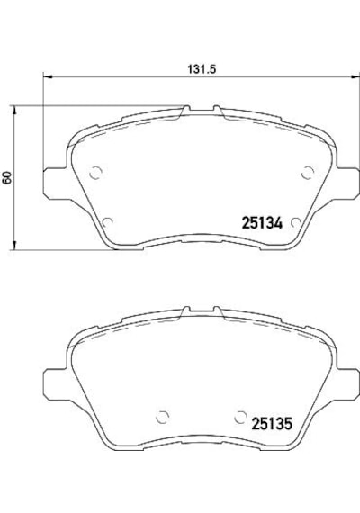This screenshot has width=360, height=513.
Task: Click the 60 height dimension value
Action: coord(7,177)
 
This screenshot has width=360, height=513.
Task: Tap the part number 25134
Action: coord(262,223)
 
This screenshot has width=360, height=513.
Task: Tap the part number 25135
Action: coord(271,424)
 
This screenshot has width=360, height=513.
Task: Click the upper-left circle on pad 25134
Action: coord(96,173)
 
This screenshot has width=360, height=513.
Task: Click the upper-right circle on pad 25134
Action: coord(308,173)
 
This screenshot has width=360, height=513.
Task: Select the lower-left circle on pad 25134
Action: coord(107,222)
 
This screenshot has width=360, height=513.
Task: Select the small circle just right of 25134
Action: coord(295,222)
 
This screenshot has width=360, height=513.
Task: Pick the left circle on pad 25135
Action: coord(163,417)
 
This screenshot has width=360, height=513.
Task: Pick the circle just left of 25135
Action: coord(240,417)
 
